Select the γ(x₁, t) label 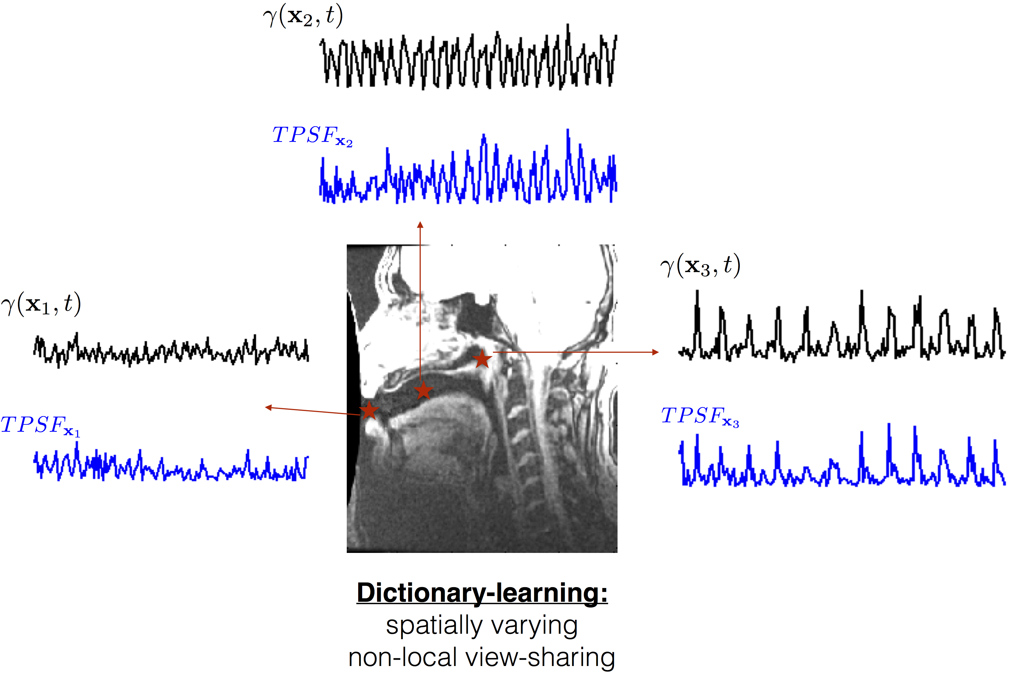point(41,304)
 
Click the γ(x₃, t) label point(700,266)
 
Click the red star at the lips point(369,410)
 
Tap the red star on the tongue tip point(423,391)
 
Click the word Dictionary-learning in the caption point(482,593)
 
